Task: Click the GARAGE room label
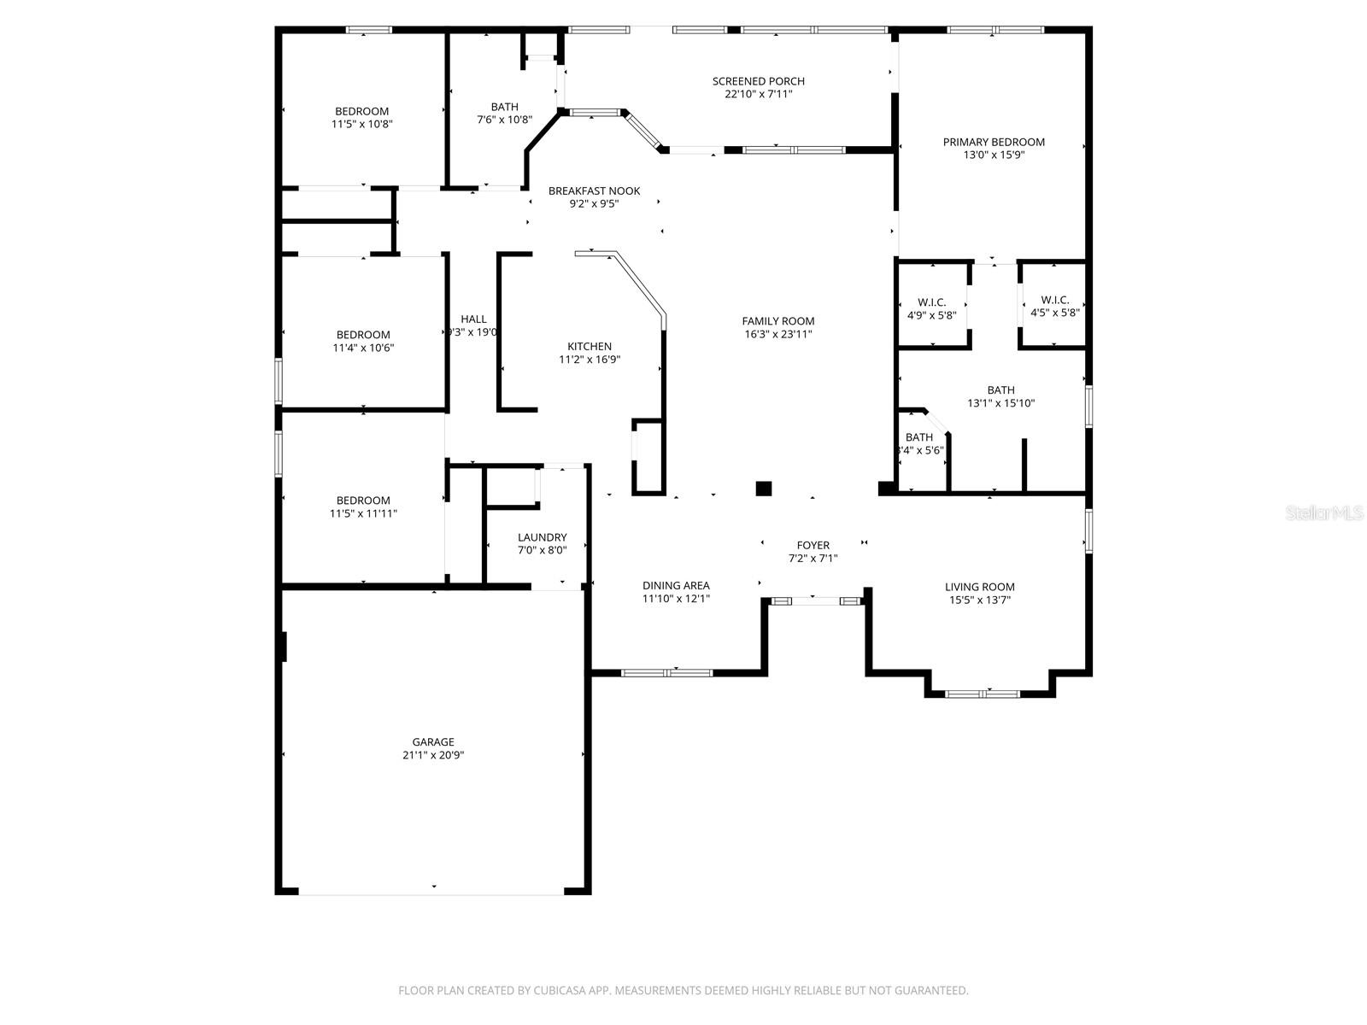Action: (433, 741)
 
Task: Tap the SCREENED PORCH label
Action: (758, 81)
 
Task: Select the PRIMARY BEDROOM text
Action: (994, 142)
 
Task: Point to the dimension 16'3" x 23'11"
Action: (777, 335)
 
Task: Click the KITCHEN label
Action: (590, 346)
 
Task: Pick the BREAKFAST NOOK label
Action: (594, 190)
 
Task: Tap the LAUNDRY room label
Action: (542, 537)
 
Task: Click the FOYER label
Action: (813, 545)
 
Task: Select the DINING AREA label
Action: (676, 585)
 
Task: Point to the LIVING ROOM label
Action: (979, 587)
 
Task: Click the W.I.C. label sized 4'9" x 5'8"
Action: (931, 302)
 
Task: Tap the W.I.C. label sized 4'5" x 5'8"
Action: (1054, 300)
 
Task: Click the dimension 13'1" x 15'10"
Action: (1000, 403)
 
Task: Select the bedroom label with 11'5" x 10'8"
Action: (361, 111)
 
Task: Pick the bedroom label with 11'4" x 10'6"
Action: (363, 335)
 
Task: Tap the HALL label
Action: (473, 319)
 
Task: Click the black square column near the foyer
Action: (764, 489)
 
